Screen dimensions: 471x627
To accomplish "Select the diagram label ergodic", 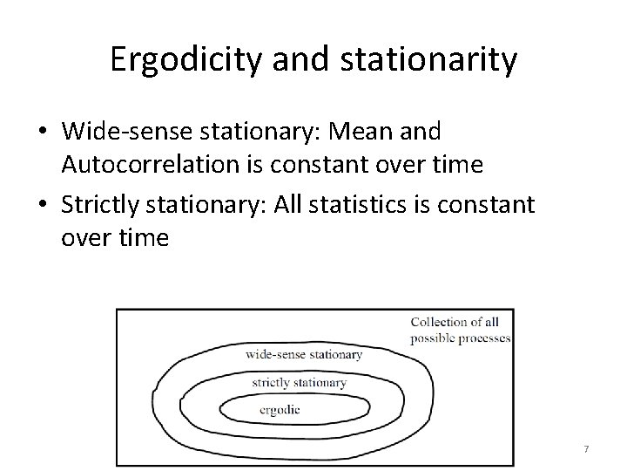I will [280, 408].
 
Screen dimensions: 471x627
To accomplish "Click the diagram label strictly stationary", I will [299, 382].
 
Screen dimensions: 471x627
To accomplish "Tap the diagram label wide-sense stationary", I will [304, 354].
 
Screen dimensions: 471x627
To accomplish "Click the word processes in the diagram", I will [484, 338].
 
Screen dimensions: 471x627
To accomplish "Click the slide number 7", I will [586, 448].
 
